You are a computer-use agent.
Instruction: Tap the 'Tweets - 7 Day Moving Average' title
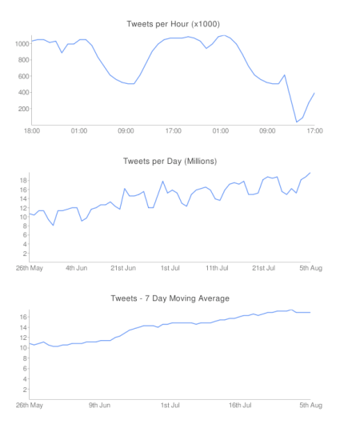coord(170,298)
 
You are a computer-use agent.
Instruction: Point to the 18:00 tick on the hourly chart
coord(32,130)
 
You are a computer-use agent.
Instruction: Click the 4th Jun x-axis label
coord(77,267)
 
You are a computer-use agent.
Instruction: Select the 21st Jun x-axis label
coord(124,267)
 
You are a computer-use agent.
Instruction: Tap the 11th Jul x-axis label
coord(218,267)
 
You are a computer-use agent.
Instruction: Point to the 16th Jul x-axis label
coord(241,405)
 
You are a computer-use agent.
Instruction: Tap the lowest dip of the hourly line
coord(297,122)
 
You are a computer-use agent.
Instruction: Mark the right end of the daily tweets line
coord(310,173)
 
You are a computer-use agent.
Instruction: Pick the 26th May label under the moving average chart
coord(30,405)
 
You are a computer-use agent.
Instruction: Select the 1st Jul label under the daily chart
coord(171,267)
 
